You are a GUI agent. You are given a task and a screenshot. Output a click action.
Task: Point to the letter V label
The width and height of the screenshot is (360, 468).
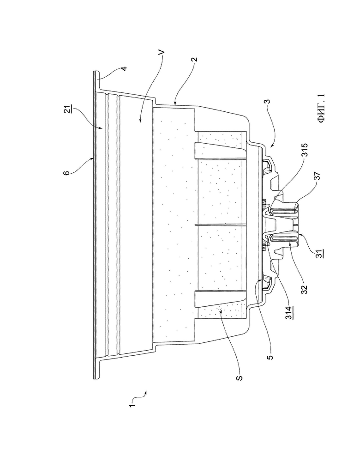pos(162,53)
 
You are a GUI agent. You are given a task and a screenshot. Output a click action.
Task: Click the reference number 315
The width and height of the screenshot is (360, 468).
pos(305,150)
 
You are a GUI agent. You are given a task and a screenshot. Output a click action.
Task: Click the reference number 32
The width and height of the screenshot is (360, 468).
pos(304,289)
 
